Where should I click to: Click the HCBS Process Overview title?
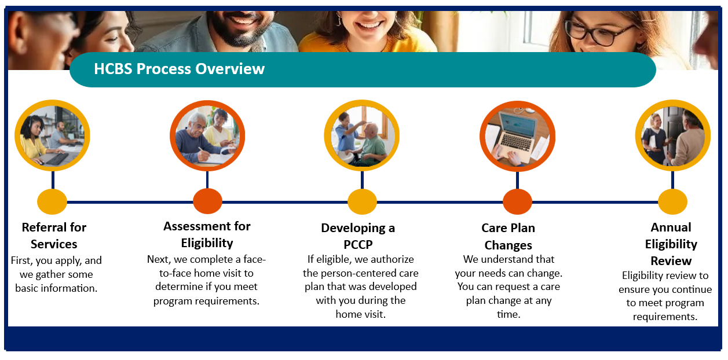(179, 69)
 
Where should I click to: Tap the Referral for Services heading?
(54, 236)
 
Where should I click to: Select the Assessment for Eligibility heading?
(207, 234)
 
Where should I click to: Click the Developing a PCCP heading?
(358, 236)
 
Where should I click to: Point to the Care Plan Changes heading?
(508, 237)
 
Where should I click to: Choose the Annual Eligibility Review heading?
(671, 244)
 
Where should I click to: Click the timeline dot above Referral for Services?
(52, 202)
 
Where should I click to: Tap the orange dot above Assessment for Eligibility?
(208, 201)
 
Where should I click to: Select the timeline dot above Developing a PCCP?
(362, 202)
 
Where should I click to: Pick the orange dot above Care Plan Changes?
(517, 202)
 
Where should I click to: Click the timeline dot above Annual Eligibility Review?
(673, 202)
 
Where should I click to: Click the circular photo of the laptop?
(517, 137)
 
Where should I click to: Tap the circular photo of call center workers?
(52, 135)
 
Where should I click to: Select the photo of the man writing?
(207, 136)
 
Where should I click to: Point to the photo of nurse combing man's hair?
(362, 135)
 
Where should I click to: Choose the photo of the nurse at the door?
(673, 135)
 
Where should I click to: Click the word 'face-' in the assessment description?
(254, 259)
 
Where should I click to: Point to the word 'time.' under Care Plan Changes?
(508, 314)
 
